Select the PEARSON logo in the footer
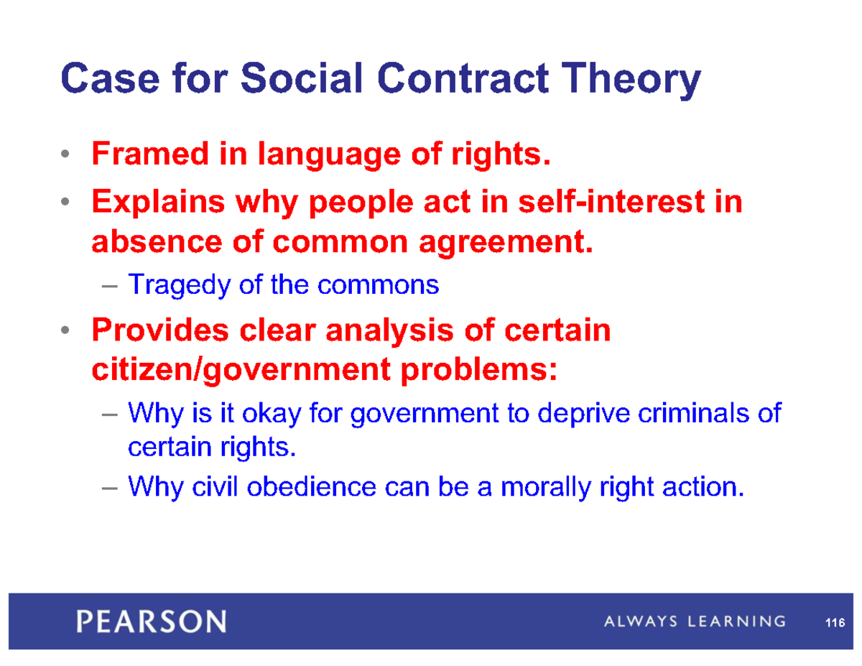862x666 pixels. pos(152,620)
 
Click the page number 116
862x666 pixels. pos(833,623)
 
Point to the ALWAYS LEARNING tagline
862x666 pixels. pos(693,621)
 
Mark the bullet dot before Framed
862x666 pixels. pos(65,155)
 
